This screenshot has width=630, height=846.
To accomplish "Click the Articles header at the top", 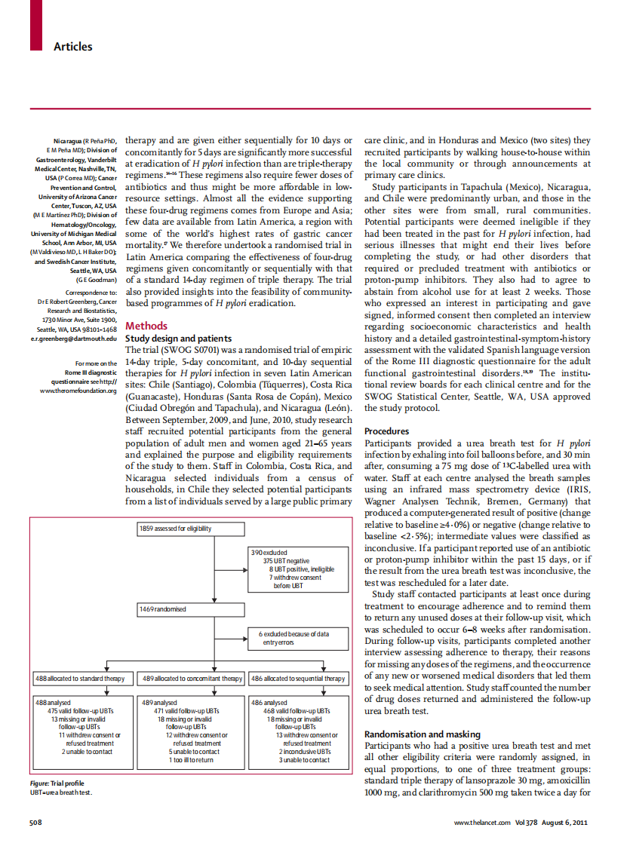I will tap(73, 47).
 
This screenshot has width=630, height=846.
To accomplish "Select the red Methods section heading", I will tap(146, 326).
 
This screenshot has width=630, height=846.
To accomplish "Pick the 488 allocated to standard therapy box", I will tap(81, 679).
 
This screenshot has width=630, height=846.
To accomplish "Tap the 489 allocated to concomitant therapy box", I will tap(193, 679).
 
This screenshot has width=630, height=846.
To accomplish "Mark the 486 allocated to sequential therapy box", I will tap(298, 679).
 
